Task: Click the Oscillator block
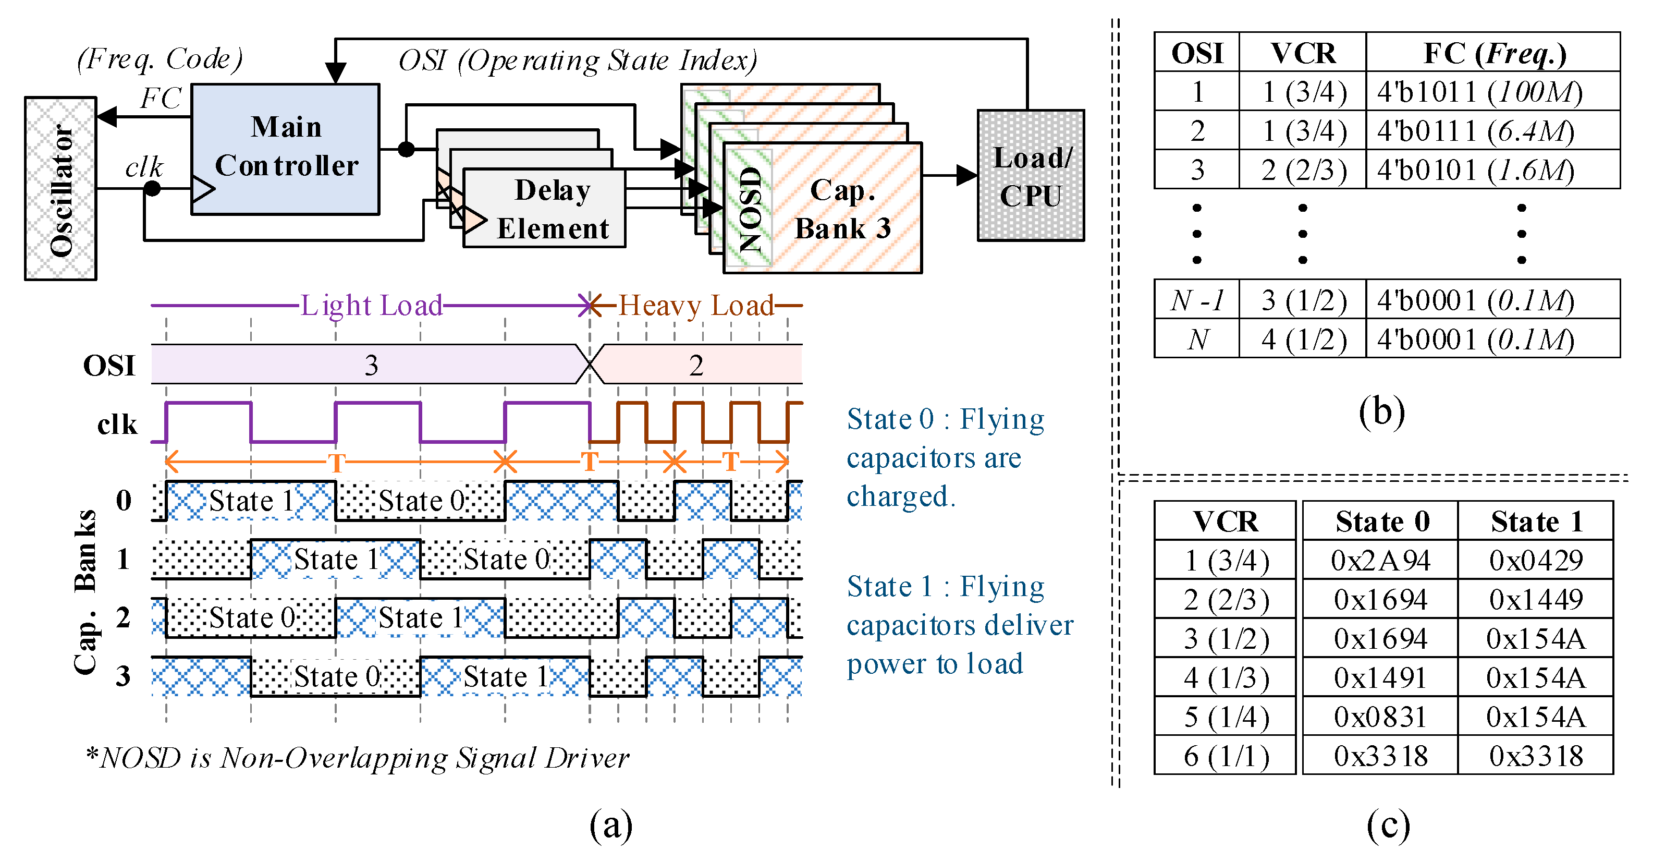pos(60,188)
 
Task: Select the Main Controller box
pos(286,148)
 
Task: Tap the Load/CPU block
pos(1031,176)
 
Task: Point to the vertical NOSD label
pos(750,209)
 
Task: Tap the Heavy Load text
pos(696,306)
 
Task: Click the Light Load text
pos(372,306)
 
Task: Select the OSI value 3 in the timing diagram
pos(371,366)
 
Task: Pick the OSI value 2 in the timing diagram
pos(696,366)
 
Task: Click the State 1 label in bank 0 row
pos(252,501)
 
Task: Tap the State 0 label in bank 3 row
pos(337,677)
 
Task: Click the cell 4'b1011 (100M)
pos(1479,92)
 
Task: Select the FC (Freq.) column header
pos(1495,53)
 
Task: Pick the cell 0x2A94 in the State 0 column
pos(1380,561)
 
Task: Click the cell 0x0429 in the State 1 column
pos(1536,561)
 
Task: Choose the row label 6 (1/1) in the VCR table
pos(1226,756)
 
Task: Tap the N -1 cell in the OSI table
pos(1197,300)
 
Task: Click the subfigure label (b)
pos(1381,411)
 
